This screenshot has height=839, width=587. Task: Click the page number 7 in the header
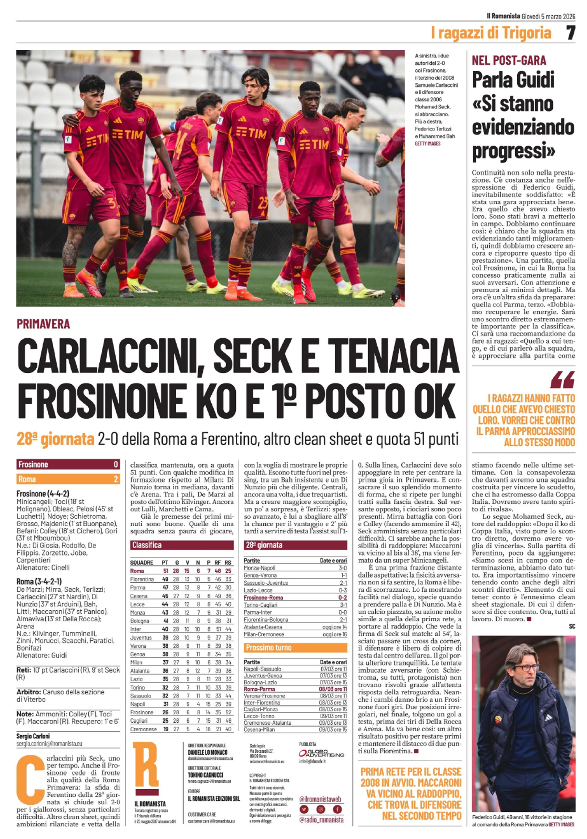click(570, 33)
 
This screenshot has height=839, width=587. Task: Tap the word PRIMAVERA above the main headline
click(43, 324)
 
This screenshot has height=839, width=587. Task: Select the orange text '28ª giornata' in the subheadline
click(55, 439)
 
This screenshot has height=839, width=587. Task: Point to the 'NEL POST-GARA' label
click(509, 60)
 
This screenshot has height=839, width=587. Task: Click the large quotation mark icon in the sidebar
click(563, 379)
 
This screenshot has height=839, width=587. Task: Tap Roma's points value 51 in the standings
click(165, 571)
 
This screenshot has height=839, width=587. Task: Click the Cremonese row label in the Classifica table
click(143, 729)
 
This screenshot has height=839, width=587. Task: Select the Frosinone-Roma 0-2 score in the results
click(343, 598)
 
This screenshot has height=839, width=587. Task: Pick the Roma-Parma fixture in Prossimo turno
click(259, 689)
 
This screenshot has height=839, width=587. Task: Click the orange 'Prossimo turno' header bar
click(295, 647)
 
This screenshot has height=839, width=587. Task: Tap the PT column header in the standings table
click(165, 562)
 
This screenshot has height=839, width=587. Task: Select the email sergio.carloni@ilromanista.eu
click(49, 744)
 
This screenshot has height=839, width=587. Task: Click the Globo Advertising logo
click(321, 753)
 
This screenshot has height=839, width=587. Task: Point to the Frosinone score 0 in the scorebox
click(116, 464)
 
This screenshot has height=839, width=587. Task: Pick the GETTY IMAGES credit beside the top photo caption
click(428, 144)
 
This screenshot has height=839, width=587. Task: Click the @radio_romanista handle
click(321, 820)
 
